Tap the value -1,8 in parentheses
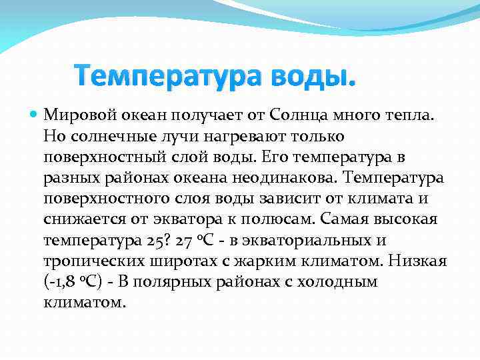coord(65,282)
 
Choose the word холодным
coord(341,282)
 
